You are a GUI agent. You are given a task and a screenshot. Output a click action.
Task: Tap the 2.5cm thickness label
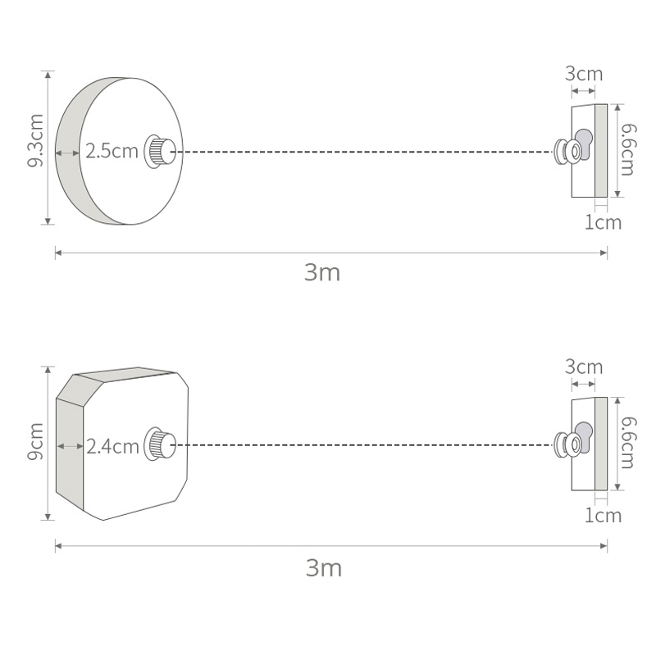112,152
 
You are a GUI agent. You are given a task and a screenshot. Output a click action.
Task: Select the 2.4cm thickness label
113,447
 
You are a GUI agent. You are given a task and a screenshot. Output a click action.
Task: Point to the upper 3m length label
322,273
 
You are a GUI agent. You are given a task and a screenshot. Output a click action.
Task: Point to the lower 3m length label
322,567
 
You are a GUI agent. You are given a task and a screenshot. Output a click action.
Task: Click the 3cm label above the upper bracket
584,74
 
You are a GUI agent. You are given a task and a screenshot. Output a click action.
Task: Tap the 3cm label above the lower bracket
584,367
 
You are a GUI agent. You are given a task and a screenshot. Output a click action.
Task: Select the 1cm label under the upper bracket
603,222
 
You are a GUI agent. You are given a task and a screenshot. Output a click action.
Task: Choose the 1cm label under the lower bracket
603,516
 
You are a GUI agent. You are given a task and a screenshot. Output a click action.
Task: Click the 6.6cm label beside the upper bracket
627,150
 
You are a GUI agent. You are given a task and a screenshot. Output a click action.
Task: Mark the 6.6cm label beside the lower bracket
627,444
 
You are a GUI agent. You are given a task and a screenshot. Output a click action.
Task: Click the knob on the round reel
161,152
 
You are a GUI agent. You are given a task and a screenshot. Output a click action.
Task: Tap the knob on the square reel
161,445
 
